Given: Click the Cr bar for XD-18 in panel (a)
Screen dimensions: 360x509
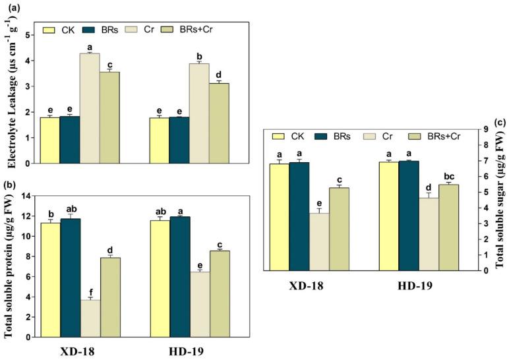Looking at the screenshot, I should (x=90, y=108).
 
